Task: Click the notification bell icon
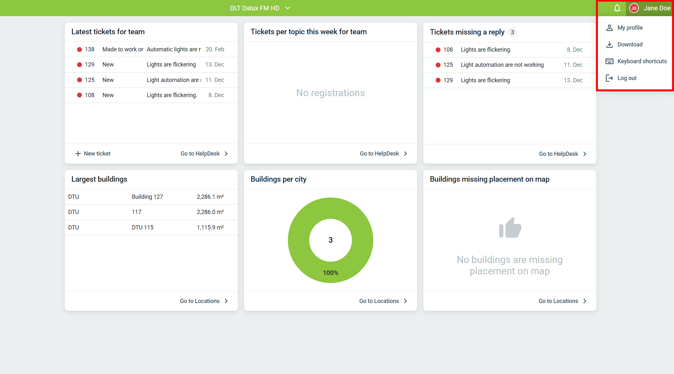[617, 8]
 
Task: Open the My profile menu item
[629, 28]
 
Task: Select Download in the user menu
[629, 45]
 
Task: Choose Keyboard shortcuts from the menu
[641, 61]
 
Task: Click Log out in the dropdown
[627, 78]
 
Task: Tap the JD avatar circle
[634, 8]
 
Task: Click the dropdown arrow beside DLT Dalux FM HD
[288, 8]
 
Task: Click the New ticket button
[93, 154]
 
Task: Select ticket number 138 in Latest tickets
[90, 49]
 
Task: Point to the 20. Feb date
[215, 49]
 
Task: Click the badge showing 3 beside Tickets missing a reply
[512, 32]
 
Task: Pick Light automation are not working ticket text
[502, 65]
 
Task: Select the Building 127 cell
[147, 197]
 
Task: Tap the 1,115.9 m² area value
[210, 227]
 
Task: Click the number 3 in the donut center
[331, 240]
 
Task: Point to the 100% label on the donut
[331, 273]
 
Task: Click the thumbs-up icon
[510, 228]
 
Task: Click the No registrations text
[331, 93]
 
